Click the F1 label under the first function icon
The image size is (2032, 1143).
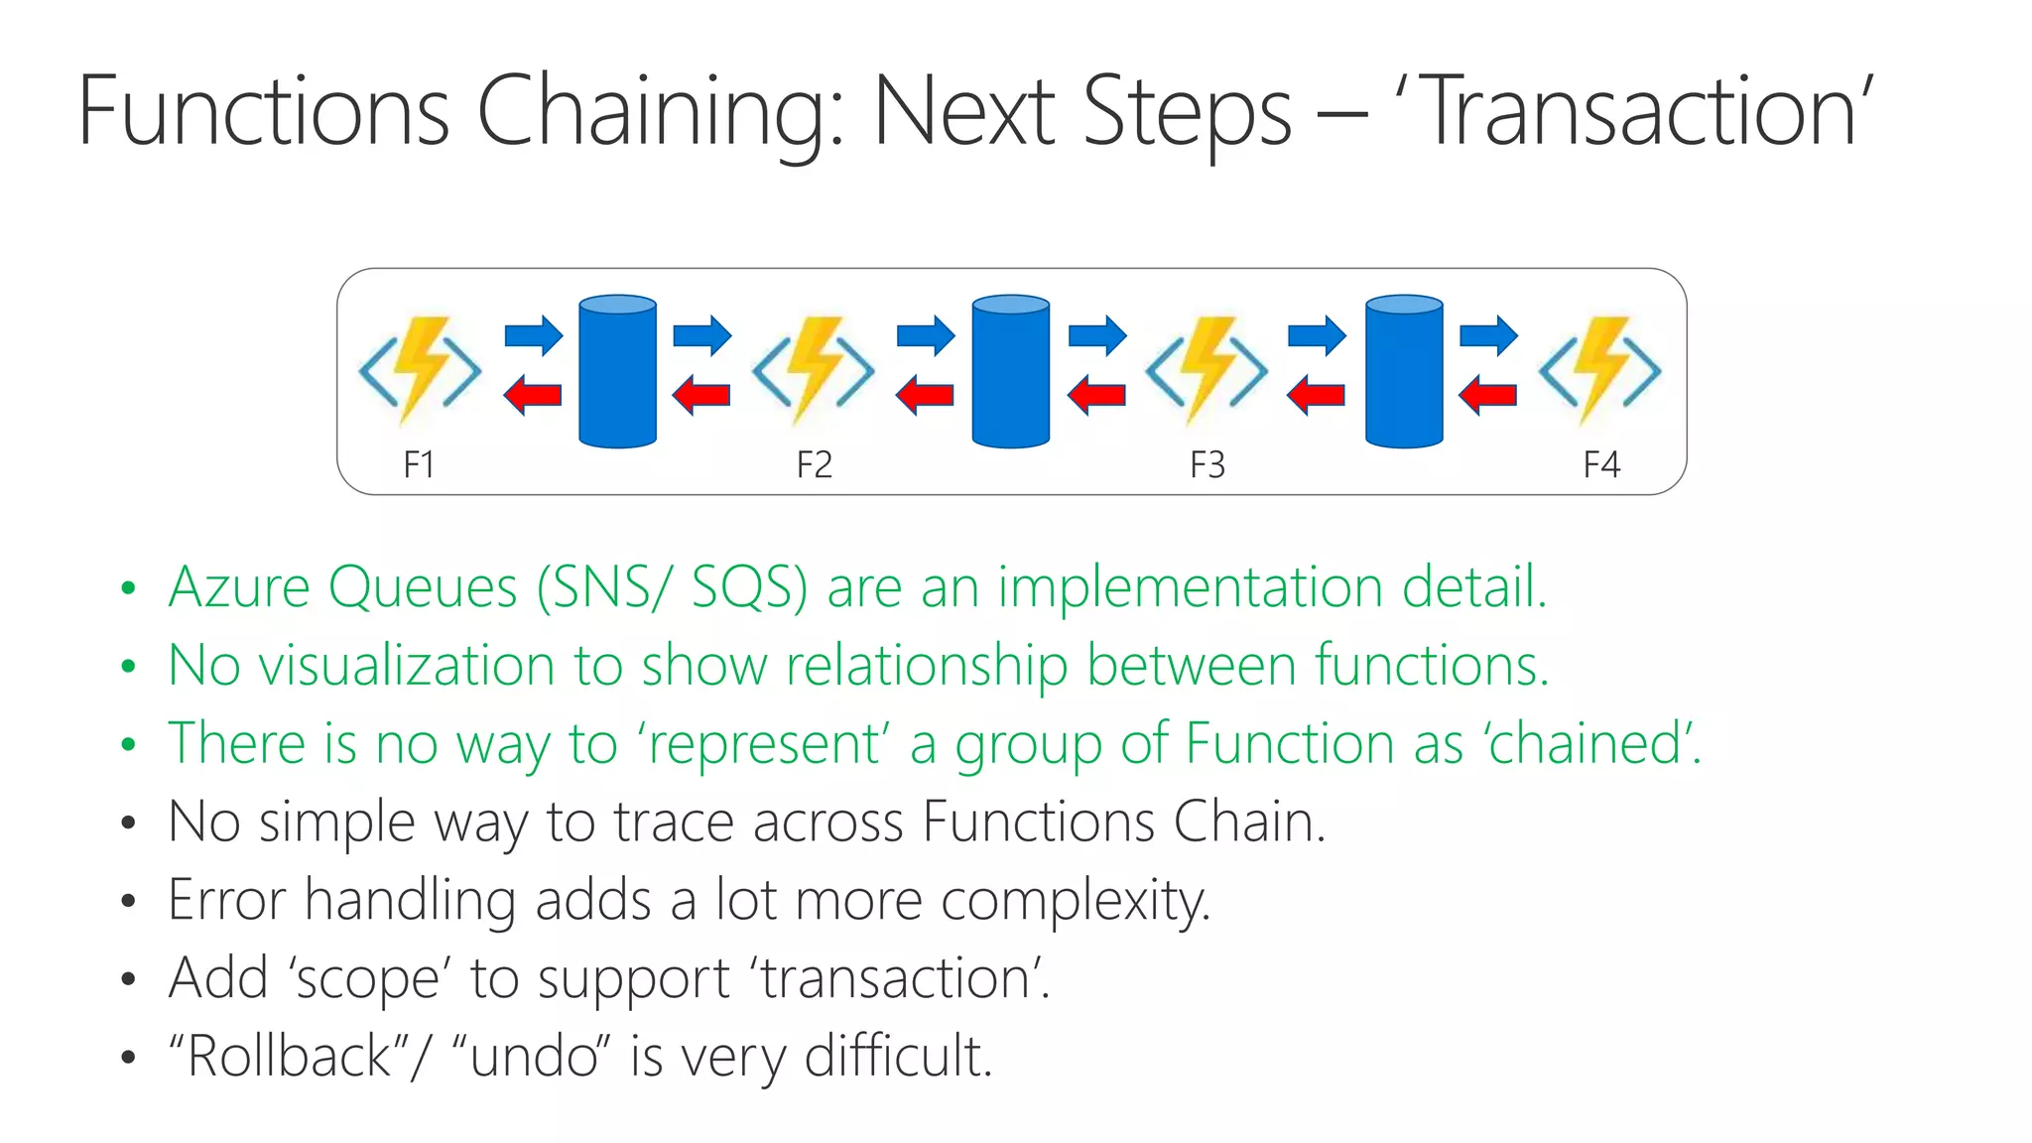[x=419, y=464]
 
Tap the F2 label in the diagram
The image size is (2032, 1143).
[x=814, y=464]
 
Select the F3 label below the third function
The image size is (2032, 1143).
[x=1206, y=464]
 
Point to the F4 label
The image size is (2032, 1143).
[x=1600, y=464]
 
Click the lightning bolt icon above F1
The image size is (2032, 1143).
[x=421, y=370]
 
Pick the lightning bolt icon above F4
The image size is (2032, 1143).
[x=1599, y=370]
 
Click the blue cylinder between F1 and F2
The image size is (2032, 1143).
[x=617, y=371]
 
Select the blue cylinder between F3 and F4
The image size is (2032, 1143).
[x=1404, y=371]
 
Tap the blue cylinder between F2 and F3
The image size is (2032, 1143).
[x=1011, y=371]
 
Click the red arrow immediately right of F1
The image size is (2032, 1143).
[x=533, y=396]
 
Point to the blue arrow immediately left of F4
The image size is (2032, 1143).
[x=1488, y=335]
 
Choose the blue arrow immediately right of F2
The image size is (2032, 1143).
[x=926, y=335]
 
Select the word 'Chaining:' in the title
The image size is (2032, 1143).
[x=660, y=111]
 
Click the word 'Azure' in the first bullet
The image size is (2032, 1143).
[x=239, y=586]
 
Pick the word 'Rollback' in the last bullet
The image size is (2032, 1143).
[x=289, y=1056]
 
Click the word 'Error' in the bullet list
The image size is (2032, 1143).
[x=226, y=900]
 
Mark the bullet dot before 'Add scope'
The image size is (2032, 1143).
[x=127, y=979]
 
